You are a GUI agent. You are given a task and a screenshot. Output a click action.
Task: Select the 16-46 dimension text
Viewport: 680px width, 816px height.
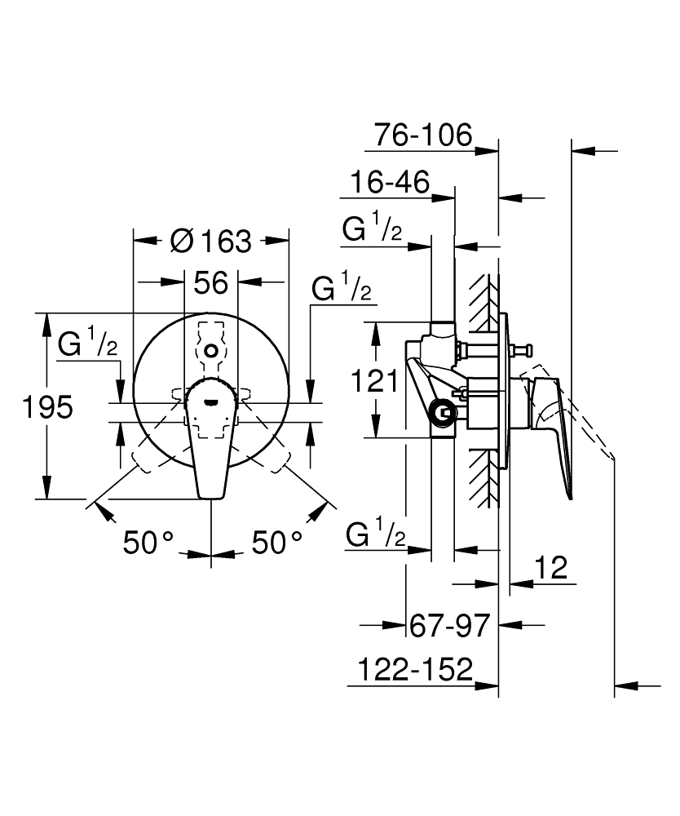point(389,183)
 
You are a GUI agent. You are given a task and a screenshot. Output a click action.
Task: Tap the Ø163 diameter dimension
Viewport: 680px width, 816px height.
point(210,241)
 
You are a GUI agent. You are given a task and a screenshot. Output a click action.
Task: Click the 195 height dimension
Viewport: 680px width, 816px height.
point(47,406)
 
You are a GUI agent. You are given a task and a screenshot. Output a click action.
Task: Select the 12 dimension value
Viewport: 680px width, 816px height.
point(552,568)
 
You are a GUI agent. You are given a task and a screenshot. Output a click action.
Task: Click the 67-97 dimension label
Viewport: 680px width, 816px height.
point(448,626)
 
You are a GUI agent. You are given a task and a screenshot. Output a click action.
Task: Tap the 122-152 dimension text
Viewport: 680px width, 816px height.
point(415,670)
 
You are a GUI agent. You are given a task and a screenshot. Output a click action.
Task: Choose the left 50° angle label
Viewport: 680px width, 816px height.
point(149,542)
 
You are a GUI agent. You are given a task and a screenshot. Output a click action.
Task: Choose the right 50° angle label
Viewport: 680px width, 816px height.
point(277,542)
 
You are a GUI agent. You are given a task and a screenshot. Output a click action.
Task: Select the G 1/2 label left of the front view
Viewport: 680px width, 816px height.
point(88,344)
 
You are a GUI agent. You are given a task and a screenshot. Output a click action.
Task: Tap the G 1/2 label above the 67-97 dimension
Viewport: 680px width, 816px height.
point(376,536)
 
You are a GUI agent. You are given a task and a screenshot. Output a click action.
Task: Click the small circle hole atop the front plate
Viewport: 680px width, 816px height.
point(211,350)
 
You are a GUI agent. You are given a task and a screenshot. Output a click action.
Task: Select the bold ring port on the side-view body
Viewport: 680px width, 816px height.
point(444,414)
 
